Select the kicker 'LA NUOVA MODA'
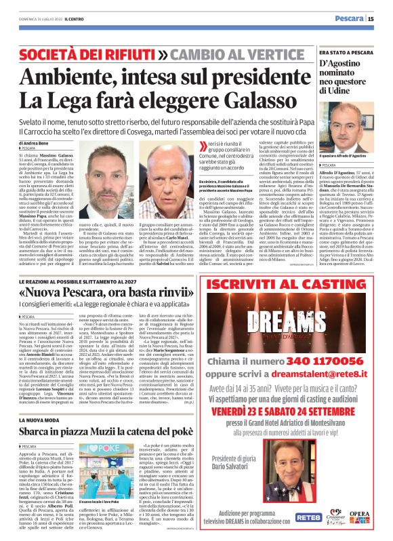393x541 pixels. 38,401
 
